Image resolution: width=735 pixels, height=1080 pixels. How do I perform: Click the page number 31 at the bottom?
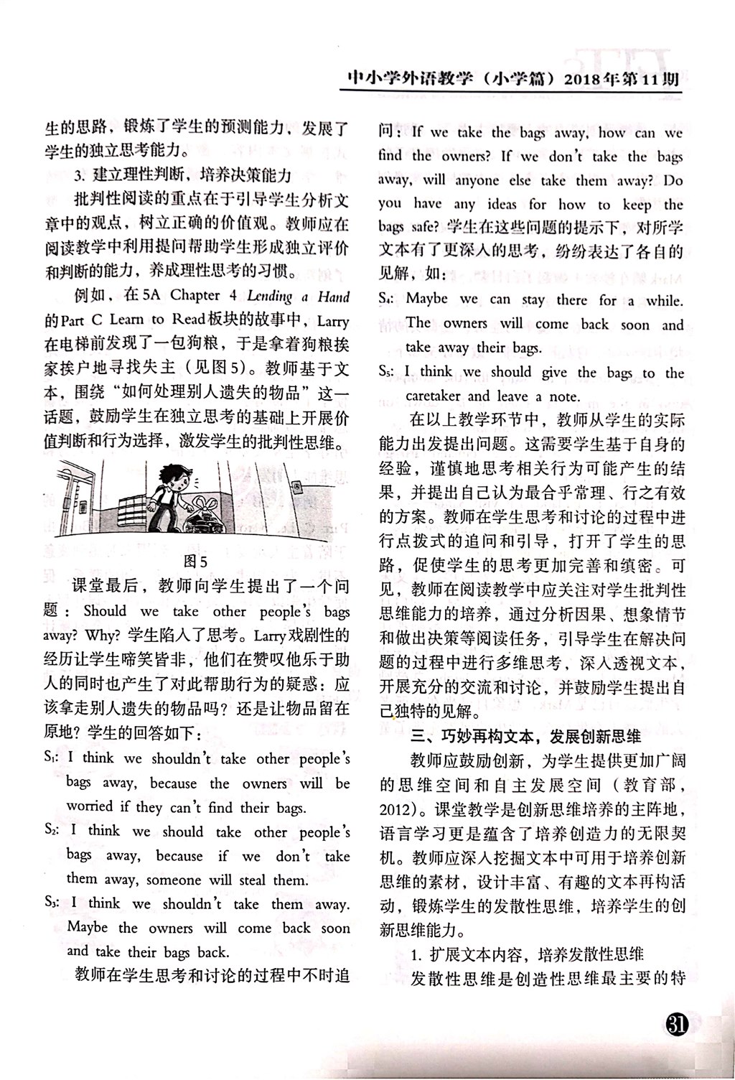click(x=677, y=1026)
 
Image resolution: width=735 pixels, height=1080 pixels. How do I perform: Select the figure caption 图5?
click(x=195, y=561)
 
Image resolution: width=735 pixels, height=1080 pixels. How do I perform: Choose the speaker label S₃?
click(x=52, y=903)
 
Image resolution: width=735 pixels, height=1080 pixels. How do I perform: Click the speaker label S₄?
click(x=388, y=299)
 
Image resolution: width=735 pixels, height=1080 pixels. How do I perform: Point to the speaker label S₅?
click(x=388, y=372)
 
